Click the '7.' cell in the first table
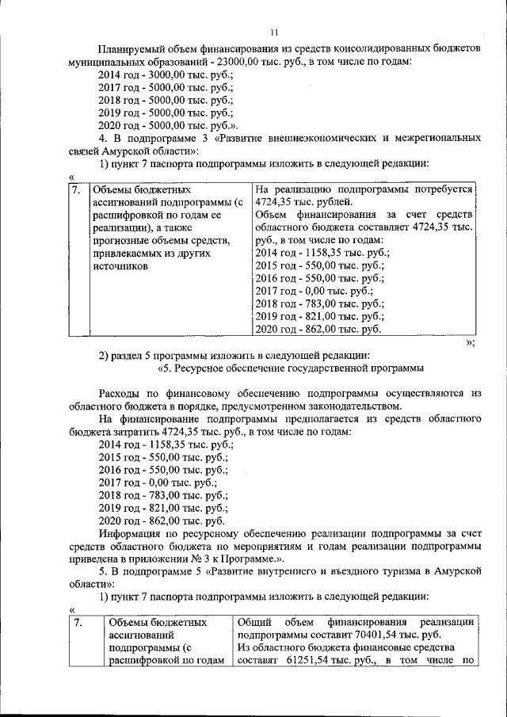(75, 190)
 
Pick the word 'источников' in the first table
(121, 266)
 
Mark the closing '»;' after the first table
(471, 342)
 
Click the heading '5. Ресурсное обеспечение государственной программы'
(291, 368)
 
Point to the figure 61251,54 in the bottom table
(303, 661)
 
